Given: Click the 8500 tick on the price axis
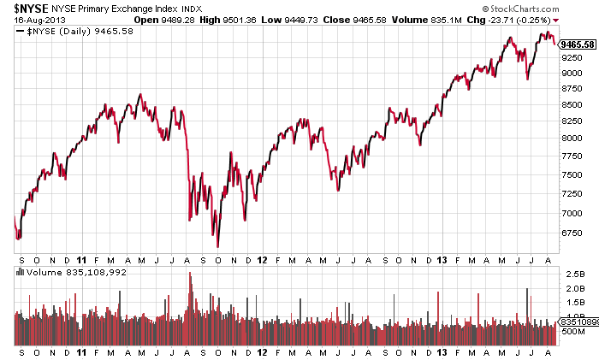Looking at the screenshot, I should (x=572, y=105).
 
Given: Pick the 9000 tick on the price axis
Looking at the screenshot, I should (x=572, y=74).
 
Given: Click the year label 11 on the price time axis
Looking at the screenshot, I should (x=81, y=258).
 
